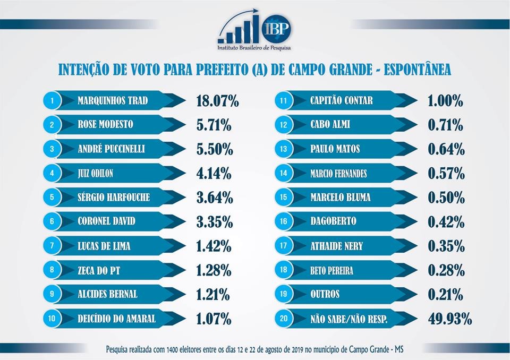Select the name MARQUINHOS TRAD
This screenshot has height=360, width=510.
pos(112,100)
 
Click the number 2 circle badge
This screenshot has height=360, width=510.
pos(52,125)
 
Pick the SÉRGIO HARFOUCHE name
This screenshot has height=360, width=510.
pos(114,198)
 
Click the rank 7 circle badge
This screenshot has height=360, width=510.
pos(52,246)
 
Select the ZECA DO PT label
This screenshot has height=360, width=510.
pos(99,270)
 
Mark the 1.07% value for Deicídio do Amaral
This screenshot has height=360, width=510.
pos(214,319)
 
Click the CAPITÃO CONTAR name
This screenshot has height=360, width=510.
pos(342,100)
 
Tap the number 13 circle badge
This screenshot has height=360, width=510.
pos(284,149)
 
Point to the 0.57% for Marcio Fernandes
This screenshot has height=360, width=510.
pos(446,174)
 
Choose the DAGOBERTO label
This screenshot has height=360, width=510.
pos(333,221)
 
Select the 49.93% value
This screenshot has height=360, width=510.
pos(449,319)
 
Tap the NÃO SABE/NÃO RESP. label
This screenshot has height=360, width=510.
pos(348,319)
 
